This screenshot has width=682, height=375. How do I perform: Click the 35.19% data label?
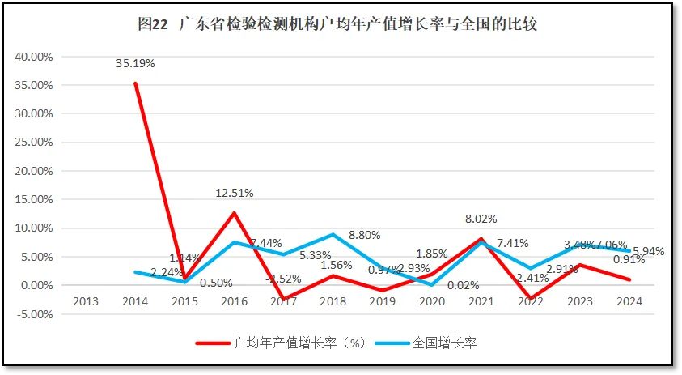135,63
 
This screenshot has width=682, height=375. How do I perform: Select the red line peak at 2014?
135,83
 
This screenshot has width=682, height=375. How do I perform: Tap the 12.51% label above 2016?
235,193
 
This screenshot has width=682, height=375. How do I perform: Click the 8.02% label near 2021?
481,218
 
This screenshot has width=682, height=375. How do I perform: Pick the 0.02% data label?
464,285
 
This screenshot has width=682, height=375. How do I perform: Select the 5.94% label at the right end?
647,251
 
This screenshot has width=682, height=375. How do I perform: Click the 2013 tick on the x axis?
86,301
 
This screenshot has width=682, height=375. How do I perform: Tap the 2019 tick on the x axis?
383,301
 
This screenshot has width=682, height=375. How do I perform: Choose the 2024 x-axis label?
629,301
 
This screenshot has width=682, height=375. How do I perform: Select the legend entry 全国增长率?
443,343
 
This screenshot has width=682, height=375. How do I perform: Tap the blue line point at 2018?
333,235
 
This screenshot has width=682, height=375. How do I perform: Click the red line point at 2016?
234,213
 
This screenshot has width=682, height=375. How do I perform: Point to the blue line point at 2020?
432,284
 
